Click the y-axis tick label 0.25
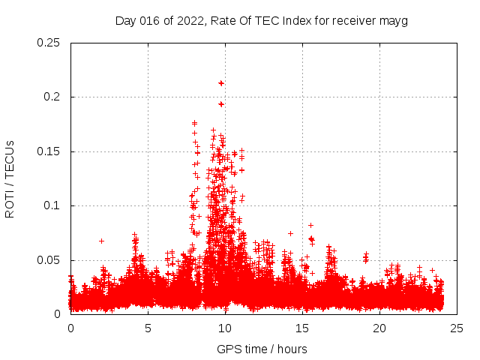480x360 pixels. pos(49,43)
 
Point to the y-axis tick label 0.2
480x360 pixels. pos(52,97)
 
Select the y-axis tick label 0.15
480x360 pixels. pos(49,151)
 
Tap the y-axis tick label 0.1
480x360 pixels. pos(52,205)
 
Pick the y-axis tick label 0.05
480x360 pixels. pos(49,260)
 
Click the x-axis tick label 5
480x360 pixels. pos(148,328)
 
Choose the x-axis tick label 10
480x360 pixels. pos(225,328)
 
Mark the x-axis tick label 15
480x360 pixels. pos(302,328)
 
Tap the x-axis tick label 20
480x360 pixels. pos(379,328)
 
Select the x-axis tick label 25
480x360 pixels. pos(457,328)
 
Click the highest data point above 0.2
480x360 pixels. pos(221,82)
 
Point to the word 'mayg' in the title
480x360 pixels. pos(394,20)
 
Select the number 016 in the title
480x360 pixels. pos(151,20)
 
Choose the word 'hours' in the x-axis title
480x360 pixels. pos(292,349)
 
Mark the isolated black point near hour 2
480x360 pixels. pos(101,241)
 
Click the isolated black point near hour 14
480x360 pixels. pos(290,233)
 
